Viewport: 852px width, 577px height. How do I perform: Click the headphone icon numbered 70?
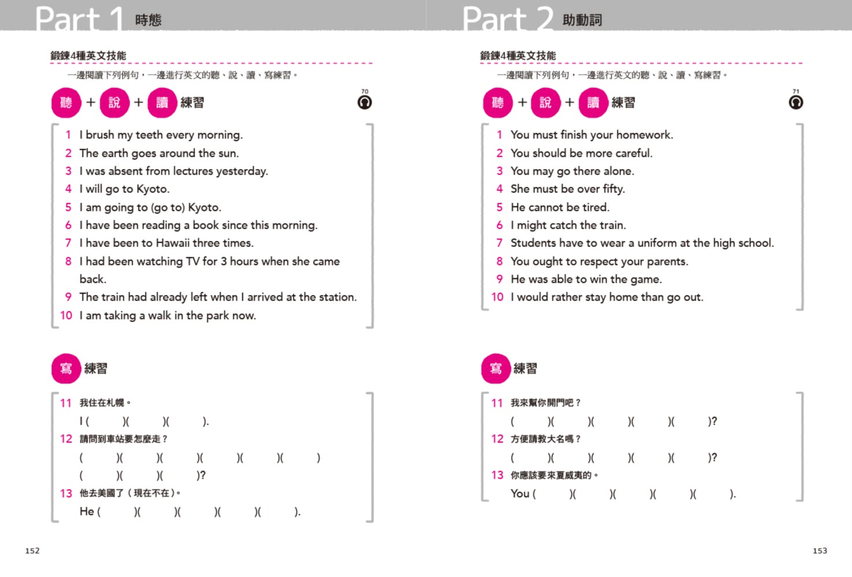(364, 103)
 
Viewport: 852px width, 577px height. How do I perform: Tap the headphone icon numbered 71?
(795, 103)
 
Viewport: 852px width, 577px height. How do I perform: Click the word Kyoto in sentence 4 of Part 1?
(152, 189)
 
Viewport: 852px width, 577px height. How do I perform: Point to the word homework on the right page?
(644, 135)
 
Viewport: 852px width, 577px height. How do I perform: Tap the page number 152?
(32, 551)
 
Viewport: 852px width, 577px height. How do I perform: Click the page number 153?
(820, 551)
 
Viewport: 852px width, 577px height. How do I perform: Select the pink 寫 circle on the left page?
(66, 369)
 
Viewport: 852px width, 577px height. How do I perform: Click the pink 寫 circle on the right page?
(496, 369)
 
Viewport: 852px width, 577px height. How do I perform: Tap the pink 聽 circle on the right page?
(497, 103)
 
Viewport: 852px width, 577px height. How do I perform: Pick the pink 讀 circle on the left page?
(162, 103)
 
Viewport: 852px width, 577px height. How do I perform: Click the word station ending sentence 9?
(337, 297)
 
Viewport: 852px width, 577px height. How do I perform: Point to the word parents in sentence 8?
(667, 261)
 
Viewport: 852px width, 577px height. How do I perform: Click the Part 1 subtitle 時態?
(148, 20)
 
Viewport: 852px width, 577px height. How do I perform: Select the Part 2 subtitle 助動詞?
(582, 20)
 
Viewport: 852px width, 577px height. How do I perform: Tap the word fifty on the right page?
(613, 189)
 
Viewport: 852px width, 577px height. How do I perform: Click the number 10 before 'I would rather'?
(497, 297)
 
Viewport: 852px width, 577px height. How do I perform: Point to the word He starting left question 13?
(87, 512)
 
